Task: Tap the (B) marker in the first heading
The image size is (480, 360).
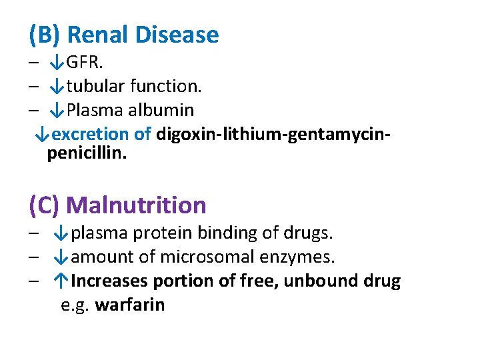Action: (45, 35)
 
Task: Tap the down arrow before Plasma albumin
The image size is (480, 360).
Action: (57, 110)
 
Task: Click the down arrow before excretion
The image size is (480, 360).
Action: (42, 134)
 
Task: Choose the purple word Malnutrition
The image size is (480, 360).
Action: (136, 205)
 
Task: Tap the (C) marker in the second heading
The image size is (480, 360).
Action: (44, 205)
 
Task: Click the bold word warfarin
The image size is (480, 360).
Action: (130, 305)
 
